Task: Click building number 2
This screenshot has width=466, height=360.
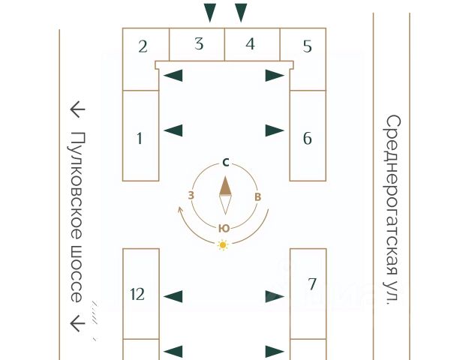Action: click(x=143, y=46)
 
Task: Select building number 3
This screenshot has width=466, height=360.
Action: click(x=199, y=43)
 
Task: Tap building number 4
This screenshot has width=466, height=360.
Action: click(x=250, y=43)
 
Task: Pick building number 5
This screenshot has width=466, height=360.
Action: click(x=307, y=46)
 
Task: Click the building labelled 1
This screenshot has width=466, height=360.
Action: click(x=140, y=137)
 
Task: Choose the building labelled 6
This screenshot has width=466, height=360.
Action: click(x=308, y=138)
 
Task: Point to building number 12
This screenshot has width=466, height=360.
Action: click(x=137, y=294)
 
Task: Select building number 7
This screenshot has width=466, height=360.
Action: click(x=312, y=283)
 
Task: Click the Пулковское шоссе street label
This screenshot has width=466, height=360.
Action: click(x=77, y=217)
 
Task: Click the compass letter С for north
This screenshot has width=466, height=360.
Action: click(x=225, y=162)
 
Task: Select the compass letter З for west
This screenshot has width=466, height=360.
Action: click(x=191, y=196)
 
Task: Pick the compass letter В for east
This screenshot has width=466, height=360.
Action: click(x=257, y=197)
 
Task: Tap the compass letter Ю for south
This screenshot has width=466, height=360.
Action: click(x=224, y=228)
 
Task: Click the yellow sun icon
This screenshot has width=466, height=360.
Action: click(x=222, y=244)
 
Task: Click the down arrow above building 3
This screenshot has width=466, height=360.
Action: click(x=210, y=13)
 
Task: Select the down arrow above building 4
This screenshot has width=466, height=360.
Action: click(x=241, y=13)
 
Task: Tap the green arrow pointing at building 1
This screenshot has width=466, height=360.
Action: click(x=173, y=130)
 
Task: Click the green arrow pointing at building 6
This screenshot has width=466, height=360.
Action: click(x=275, y=130)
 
